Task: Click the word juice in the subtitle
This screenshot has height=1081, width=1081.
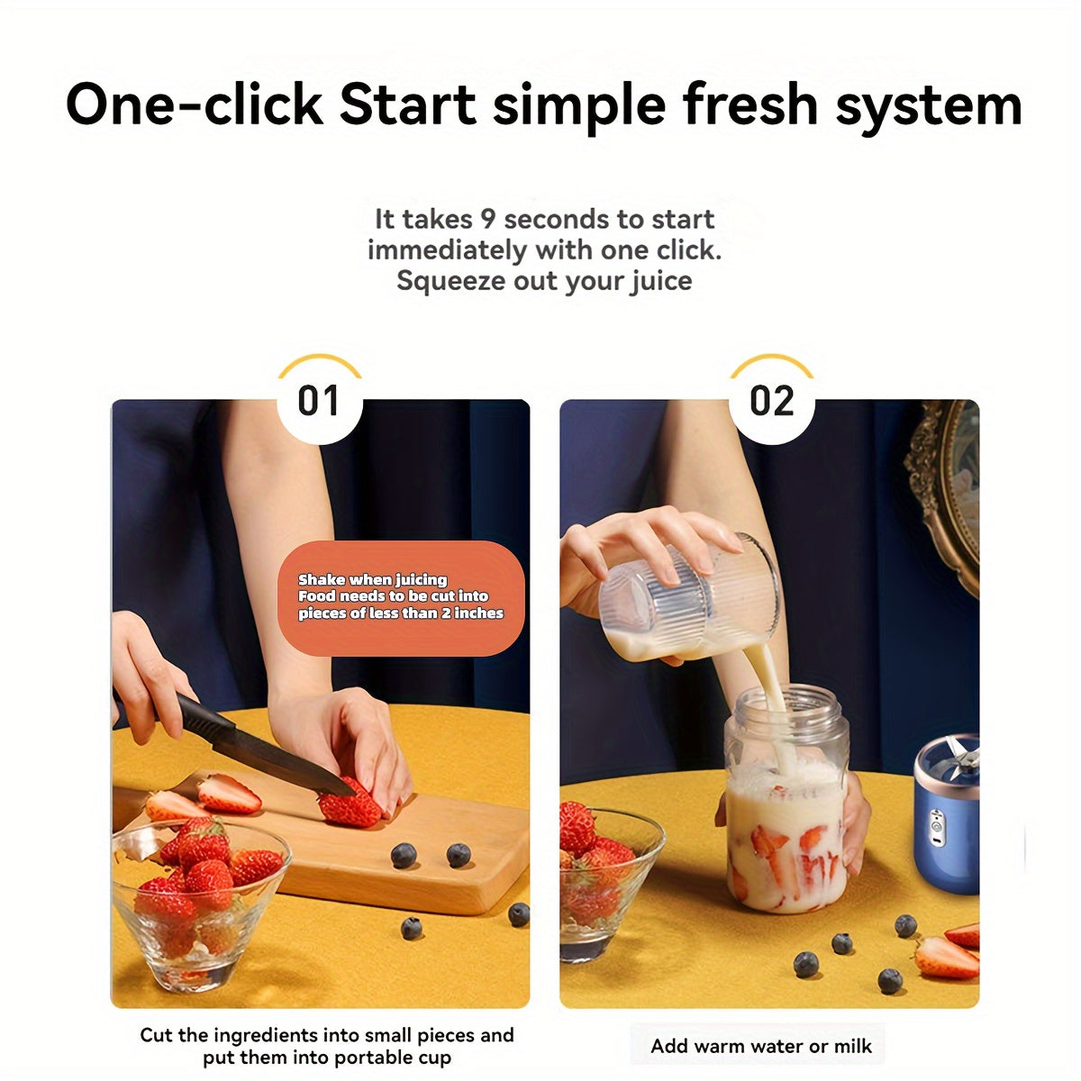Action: pyautogui.click(x=660, y=280)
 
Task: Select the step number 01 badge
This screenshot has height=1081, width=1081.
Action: pyautogui.click(x=319, y=401)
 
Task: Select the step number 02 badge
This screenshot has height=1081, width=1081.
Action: pyautogui.click(x=772, y=401)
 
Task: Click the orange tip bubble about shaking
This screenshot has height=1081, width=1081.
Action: pyautogui.click(x=401, y=598)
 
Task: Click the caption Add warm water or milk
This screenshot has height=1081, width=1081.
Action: pyautogui.click(x=760, y=1046)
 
